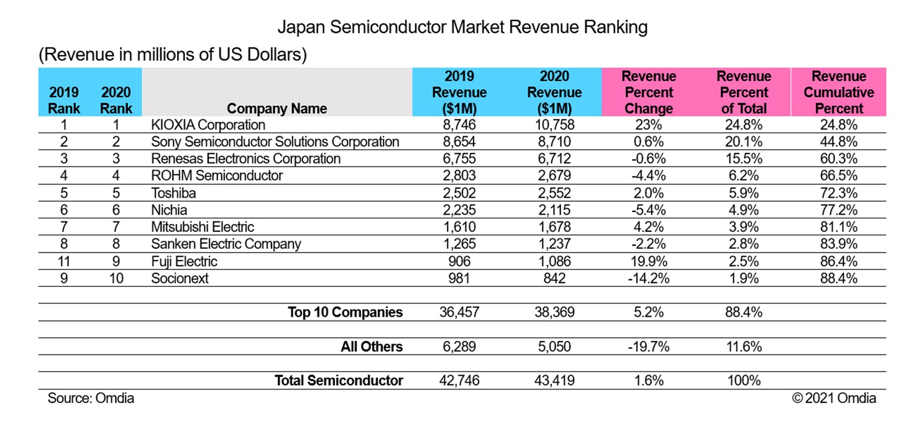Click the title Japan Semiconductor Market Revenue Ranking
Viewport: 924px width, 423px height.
click(x=462, y=27)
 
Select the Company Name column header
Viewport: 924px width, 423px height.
click(x=277, y=108)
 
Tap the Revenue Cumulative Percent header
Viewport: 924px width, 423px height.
click(x=838, y=93)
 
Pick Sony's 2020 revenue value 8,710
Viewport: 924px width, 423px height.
click(x=554, y=142)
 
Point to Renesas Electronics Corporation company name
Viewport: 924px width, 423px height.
click(x=245, y=159)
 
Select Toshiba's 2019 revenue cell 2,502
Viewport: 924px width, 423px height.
click(x=459, y=193)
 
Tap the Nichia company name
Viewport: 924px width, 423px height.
click(x=169, y=210)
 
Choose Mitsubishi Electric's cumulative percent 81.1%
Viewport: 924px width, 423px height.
click(x=838, y=227)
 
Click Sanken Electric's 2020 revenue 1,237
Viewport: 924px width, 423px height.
click(x=554, y=244)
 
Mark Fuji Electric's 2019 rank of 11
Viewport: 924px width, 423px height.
click(x=64, y=261)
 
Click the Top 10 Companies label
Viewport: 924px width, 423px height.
click(x=345, y=312)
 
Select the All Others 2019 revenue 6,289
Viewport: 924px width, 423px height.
click(x=459, y=346)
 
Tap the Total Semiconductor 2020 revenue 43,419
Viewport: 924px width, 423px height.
click(x=554, y=381)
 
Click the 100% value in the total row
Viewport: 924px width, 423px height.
click(x=743, y=381)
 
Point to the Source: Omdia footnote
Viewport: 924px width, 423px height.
click(x=91, y=398)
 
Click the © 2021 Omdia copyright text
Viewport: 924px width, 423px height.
click(x=834, y=398)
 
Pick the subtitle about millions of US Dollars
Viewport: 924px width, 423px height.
click(x=173, y=55)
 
